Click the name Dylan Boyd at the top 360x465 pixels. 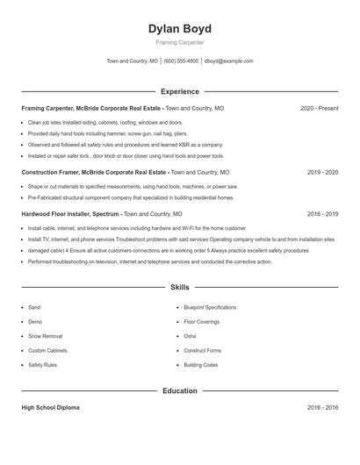[x=179, y=29]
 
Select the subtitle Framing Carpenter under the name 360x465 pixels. [x=179, y=42]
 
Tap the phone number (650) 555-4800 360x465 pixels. [x=181, y=61]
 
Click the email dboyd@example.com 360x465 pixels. [x=228, y=61]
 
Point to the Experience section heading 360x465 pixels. [x=179, y=91]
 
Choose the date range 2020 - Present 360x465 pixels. [x=319, y=108]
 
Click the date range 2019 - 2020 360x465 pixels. [x=322, y=173]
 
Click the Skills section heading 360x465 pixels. [x=179, y=287]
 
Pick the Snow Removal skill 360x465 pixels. [x=45, y=336]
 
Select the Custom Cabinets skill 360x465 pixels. [x=47, y=350]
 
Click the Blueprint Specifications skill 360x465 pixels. [x=210, y=308]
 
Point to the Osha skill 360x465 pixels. [x=190, y=336]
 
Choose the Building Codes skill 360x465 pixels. [x=200, y=364]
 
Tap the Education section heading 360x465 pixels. [x=179, y=390]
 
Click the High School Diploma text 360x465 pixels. [x=50, y=408]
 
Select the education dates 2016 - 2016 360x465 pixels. [x=322, y=408]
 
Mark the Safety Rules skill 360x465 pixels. [x=42, y=364]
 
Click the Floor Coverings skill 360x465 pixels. [x=202, y=322]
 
